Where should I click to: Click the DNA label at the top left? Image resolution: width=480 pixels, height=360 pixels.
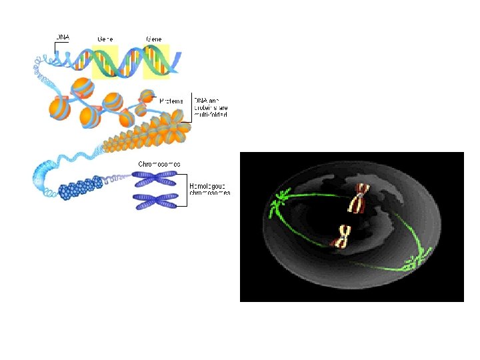[x=63, y=37]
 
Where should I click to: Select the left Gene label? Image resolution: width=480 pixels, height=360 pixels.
[x=105, y=39]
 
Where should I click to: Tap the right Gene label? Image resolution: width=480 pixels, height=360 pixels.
[x=154, y=39]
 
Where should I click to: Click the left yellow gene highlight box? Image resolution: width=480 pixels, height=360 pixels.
[x=105, y=62]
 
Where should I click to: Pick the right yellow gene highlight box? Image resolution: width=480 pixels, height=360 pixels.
[x=157, y=62]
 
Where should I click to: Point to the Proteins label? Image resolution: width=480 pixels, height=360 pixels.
[x=172, y=99]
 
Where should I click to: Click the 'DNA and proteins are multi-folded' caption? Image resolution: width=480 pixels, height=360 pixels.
[x=211, y=105]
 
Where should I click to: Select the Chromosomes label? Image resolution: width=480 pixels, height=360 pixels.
[x=159, y=163]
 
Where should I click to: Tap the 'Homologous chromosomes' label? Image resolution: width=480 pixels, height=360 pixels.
[x=210, y=189]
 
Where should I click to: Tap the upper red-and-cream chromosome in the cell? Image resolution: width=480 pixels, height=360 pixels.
[x=361, y=198]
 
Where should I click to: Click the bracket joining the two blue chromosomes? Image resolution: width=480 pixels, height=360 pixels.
[x=181, y=189]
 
